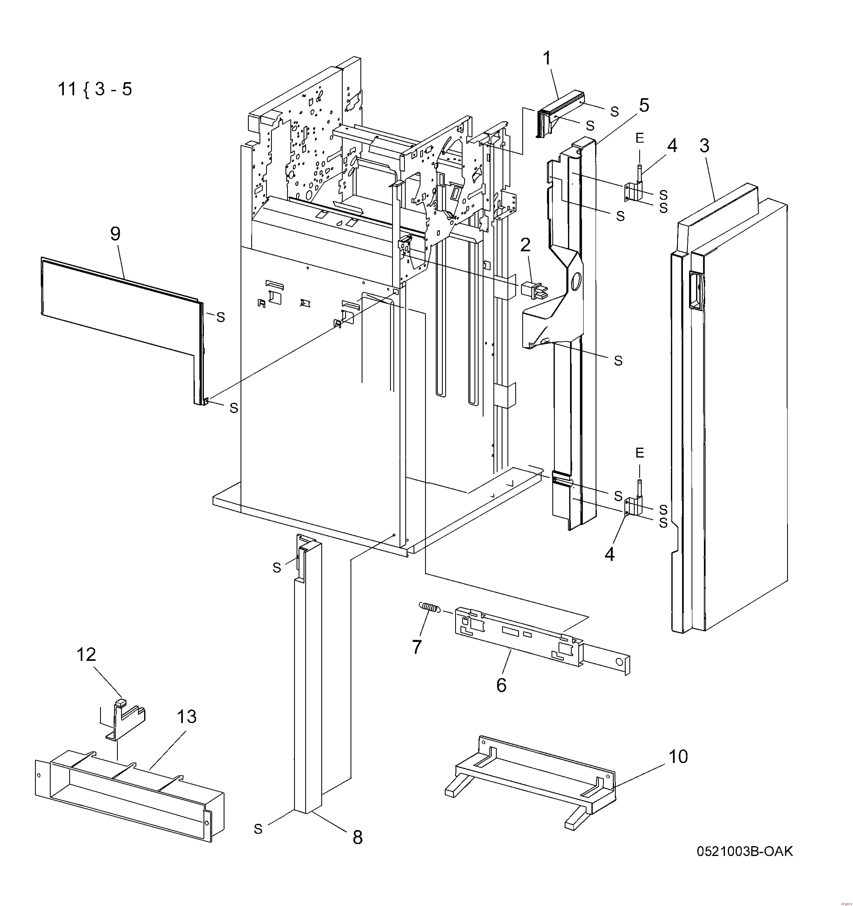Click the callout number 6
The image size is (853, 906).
[501, 685]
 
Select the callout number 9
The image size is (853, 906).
[115, 234]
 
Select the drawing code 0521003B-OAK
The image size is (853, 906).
[744, 851]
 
